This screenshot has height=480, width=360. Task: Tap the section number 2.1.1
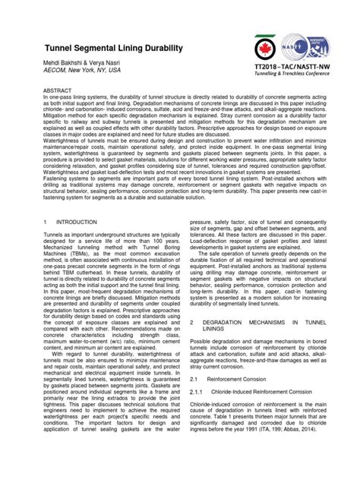pyautogui.click(x=196, y=414)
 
